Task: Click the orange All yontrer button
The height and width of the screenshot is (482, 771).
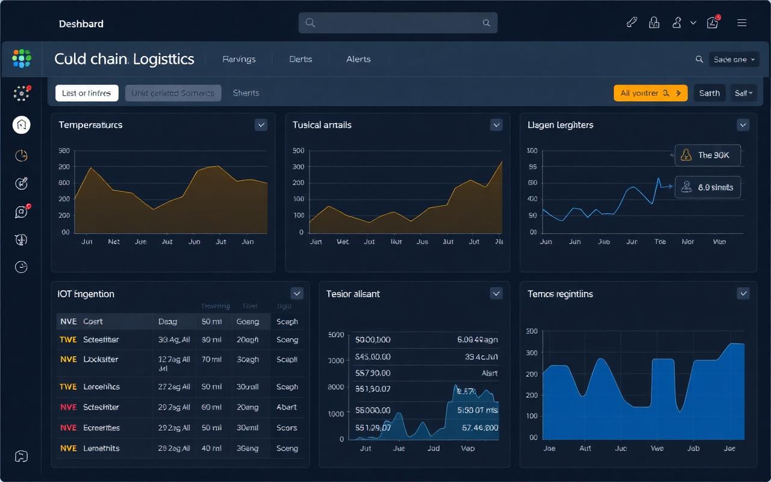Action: [x=650, y=93]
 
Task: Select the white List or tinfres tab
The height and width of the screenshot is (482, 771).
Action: [x=86, y=93]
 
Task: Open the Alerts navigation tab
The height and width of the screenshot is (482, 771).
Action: [x=358, y=59]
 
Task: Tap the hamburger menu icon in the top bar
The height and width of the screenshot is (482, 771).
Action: [x=741, y=23]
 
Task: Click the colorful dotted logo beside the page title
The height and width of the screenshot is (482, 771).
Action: [x=22, y=59]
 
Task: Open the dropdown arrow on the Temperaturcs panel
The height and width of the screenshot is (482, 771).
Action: [x=261, y=125]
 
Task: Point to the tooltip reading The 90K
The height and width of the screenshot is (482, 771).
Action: [x=707, y=155]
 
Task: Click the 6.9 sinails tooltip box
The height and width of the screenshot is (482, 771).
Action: [x=707, y=187]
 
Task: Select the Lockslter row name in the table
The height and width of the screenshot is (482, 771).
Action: [x=101, y=359]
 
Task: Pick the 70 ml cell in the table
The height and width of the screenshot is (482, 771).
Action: [x=211, y=359]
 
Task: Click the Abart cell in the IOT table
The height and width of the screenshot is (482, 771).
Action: [x=287, y=407]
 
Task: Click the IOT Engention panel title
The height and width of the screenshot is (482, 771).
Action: [x=86, y=294]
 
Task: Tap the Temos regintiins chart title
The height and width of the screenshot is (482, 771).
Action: [x=560, y=294]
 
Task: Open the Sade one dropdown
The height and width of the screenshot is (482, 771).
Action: [x=734, y=59]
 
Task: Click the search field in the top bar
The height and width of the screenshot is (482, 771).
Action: [x=398, y=23]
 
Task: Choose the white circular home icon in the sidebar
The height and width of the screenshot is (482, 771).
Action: [x=22, y=125]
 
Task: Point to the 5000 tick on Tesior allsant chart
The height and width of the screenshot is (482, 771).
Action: [x=336, y=335]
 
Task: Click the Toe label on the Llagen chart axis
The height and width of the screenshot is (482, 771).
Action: [x=660, y=242]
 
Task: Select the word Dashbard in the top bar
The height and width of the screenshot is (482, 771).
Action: [x=81, y=24]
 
